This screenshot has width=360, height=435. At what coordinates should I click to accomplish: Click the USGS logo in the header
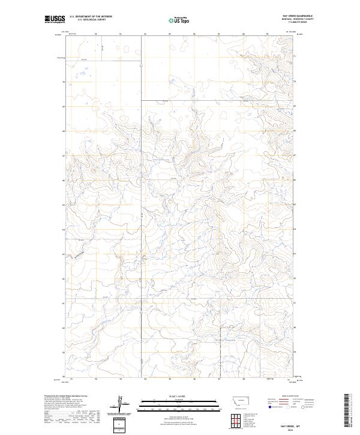click(x=55, y=20)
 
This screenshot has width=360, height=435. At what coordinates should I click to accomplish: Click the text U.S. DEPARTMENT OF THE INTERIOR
click(x=91, y=17)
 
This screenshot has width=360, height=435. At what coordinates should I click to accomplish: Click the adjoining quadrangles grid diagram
click(x=236, y=418)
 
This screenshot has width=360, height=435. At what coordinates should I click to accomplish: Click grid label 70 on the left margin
click(x=65, y=81)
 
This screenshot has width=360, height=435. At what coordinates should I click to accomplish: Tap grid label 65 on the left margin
click(x=65, y=205)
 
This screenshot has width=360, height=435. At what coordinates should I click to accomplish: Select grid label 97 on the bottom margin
click(x=220, y=379)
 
